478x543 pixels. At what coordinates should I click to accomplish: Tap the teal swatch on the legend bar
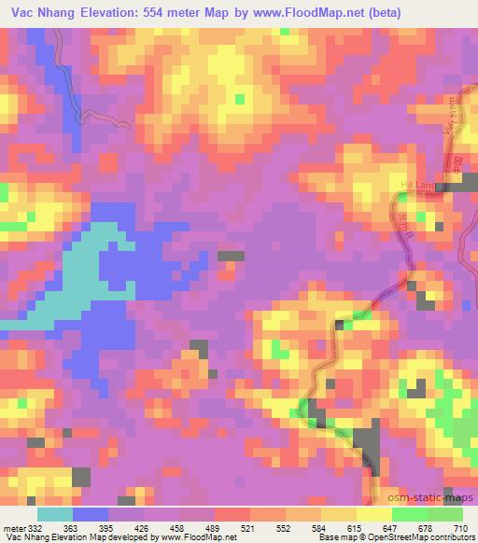tap(55, 514)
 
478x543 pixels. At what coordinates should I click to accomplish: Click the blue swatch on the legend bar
tap(91, 514)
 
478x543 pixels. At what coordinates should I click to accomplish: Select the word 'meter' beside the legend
tap(13, 528)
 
